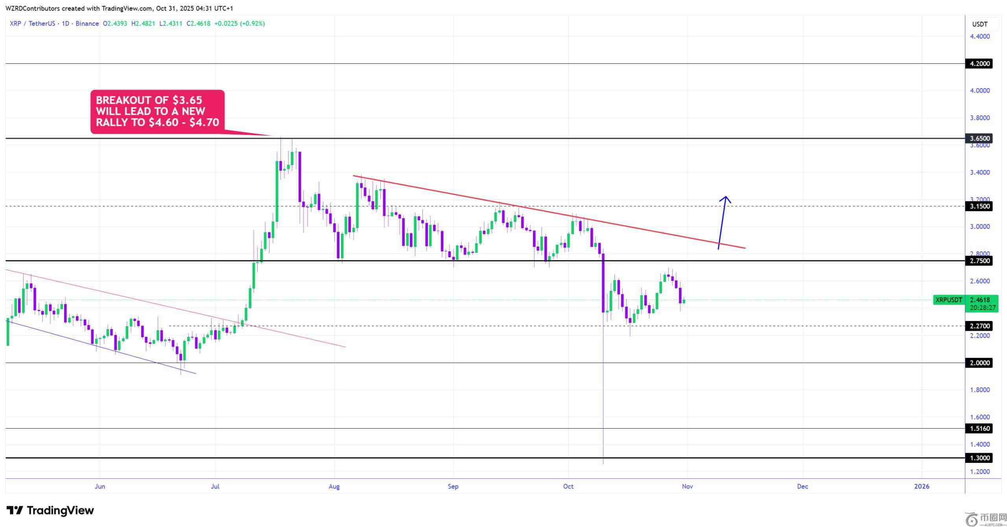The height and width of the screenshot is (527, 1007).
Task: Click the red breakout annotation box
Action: tap(157, 111)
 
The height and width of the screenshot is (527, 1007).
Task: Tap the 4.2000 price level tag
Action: tap(979, 64)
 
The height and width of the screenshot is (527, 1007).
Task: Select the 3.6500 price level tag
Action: tap(979, 138)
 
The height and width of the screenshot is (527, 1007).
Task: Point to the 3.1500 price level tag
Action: tap(979, 206)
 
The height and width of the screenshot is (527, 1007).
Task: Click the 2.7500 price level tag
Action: tap(979, 261)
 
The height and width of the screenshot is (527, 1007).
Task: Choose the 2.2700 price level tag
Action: tap(979, 326)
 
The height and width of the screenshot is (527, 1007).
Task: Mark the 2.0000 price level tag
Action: tap(979, 363)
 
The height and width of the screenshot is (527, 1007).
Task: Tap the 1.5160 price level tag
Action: tap(979, 429)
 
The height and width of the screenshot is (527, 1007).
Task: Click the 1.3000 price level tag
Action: tap(979, 458)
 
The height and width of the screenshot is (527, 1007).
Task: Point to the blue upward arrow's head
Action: tap(725, 197)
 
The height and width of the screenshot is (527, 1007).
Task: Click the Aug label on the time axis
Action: tap(334, 486)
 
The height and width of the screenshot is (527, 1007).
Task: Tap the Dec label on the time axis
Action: tap(802, 486)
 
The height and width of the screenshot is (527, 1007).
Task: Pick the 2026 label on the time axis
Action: tap(922, 486)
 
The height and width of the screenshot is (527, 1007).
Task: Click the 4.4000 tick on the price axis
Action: tap(979, 37)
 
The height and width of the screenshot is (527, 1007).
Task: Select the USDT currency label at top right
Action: tap(979, 24)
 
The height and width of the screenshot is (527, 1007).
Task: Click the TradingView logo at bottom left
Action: tap(50, 510)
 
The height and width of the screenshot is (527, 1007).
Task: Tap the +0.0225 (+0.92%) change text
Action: tap(240, 24)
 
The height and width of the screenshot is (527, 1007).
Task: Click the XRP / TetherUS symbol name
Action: tap(33, 24)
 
